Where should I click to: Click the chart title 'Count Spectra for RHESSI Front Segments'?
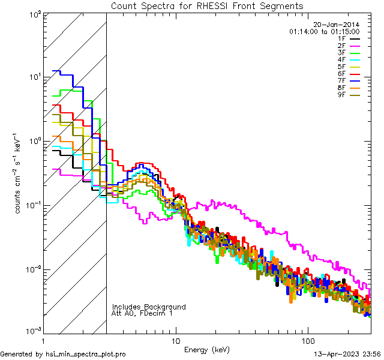tap(207, 5)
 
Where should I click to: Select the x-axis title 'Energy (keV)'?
tap(208, 349)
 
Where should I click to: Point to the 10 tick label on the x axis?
tap(175, 340)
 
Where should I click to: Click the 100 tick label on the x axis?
tap(307, 340)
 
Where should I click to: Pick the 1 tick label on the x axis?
tap(44, 340)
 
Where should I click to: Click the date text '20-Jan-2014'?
tap(338, 25)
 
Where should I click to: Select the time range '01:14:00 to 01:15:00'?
tap(324, 31)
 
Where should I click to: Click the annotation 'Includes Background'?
tap(148, 307)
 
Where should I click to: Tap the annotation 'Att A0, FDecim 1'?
tap(142, 313)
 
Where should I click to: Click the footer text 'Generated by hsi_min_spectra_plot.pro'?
tap(63, 354)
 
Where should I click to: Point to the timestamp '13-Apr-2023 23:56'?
tap(347, 354)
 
